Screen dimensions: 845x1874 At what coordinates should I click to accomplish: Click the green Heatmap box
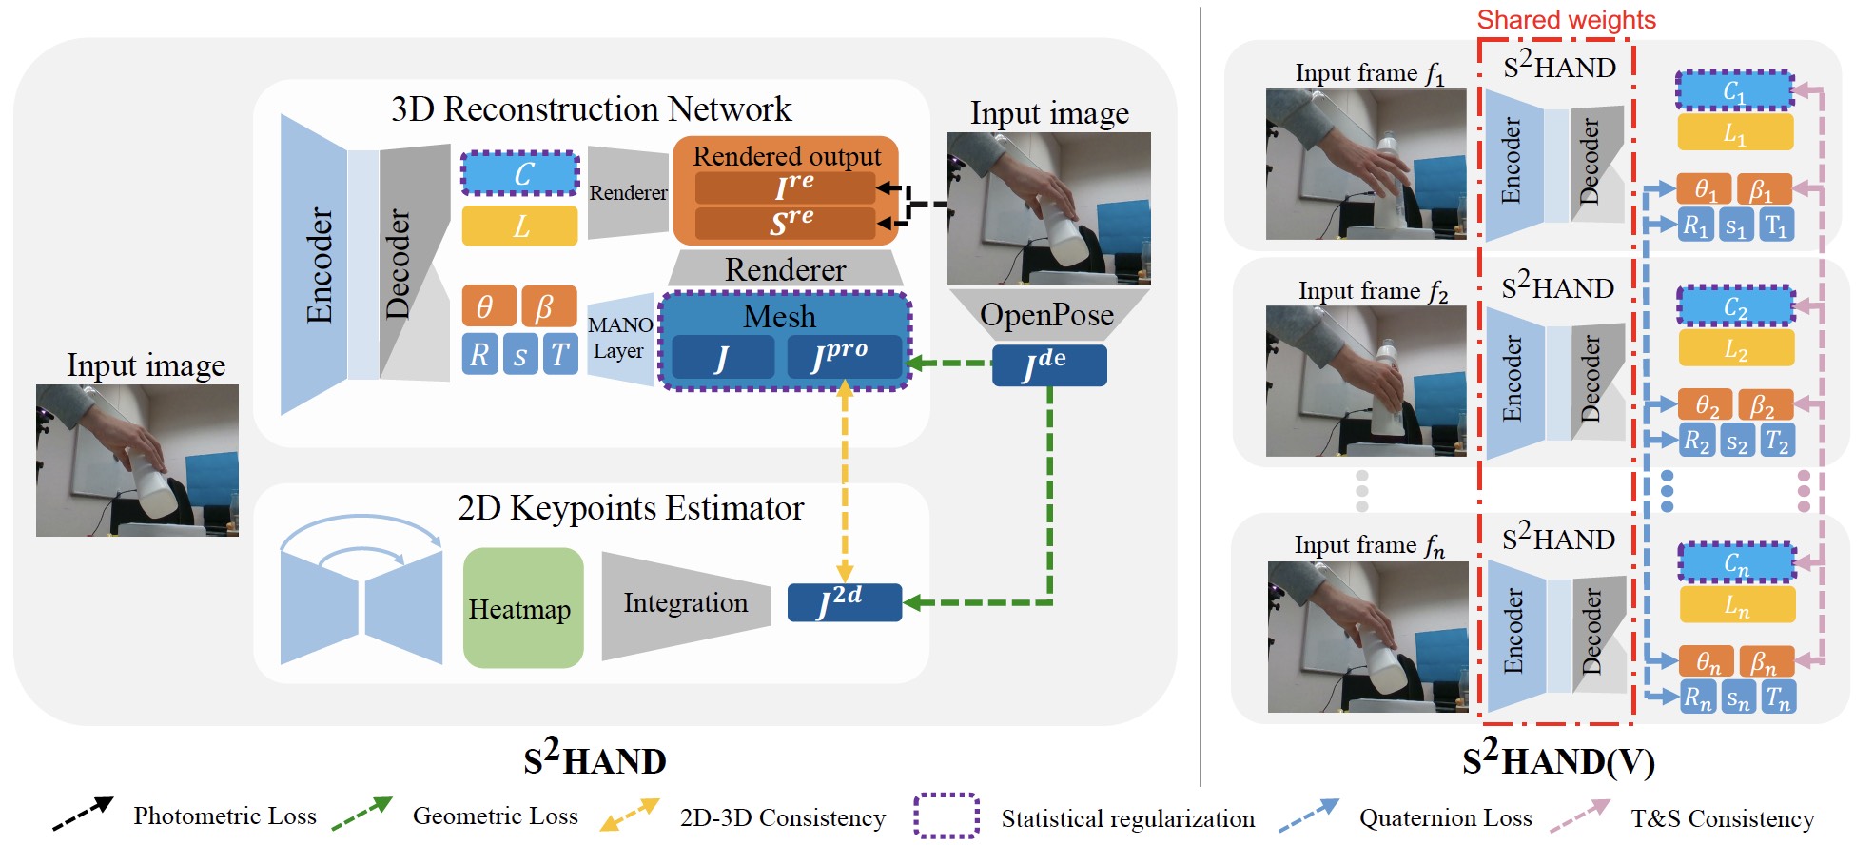522,608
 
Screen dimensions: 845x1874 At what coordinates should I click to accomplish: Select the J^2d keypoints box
844,602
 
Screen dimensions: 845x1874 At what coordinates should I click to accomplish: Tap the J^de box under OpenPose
1048,365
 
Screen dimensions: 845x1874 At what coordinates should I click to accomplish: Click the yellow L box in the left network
519,226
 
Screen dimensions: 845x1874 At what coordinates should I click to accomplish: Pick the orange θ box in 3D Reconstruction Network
488,306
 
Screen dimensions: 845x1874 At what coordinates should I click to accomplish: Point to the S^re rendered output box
785,223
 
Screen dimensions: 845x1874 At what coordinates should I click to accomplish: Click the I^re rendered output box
785,187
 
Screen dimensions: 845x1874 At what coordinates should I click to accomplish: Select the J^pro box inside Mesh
843,356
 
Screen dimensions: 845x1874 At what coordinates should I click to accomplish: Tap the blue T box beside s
560,354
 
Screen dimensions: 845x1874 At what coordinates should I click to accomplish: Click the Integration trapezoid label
685,603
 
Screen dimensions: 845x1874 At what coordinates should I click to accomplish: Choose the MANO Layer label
620,338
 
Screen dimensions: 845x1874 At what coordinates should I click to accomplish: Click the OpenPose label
1046,315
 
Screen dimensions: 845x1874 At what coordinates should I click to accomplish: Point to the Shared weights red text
1566,20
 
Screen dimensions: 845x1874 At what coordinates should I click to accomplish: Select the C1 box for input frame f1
1734,90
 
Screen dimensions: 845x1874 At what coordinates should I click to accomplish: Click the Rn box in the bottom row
1697,698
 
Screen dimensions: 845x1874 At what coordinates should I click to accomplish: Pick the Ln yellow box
1737,604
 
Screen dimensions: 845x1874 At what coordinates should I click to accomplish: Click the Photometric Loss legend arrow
83,814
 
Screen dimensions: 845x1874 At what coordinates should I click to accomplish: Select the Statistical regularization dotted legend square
947,816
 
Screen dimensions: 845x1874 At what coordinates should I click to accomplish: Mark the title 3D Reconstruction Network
591,109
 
